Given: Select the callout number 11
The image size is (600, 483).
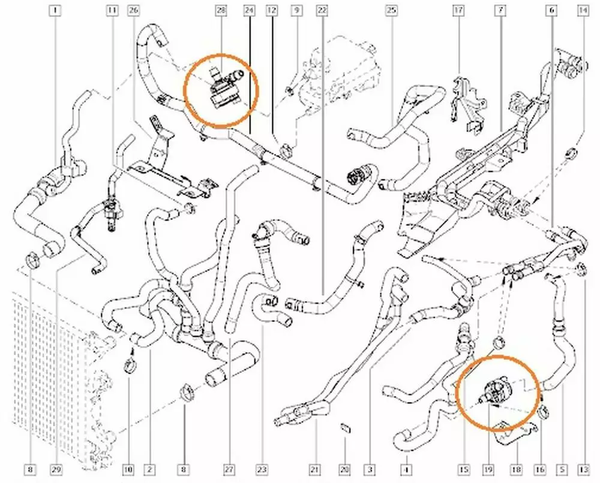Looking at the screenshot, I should pos(112,10).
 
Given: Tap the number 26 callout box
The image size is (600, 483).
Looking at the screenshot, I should pos(133,10).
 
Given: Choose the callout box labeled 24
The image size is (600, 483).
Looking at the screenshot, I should pos(249,10).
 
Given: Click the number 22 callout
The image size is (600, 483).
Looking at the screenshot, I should pos(322,10).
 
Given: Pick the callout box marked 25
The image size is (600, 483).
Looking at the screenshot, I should pos(392,10).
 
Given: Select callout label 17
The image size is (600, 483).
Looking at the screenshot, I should pos(459,10).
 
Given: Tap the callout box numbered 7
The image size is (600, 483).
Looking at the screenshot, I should pos(499,10).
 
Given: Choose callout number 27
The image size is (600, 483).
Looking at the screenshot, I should pos(228,469).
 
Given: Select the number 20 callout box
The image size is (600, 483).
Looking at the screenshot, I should pos(344,469).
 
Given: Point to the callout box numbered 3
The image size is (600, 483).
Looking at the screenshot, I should pos(371,469).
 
